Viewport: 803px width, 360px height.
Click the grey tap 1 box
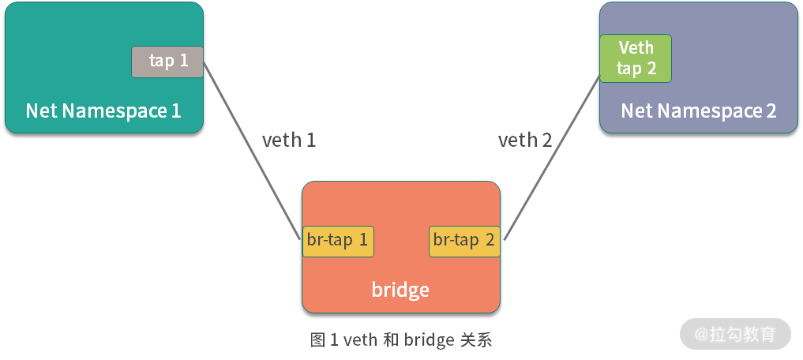coord(167,62)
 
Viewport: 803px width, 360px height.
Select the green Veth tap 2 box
coord(636,58)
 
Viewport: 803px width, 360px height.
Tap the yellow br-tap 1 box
coord(338,241)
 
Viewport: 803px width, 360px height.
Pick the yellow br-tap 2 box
coord(464,241)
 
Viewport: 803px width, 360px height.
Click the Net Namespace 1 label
coord(103,111)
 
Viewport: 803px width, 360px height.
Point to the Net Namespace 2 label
coord(699,111)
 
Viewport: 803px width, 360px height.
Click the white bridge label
coord(400,290)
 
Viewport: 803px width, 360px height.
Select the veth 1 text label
coord(289,141)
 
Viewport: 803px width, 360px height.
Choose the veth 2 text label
coord(525,141)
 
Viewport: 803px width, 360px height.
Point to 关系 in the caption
coord(475,340)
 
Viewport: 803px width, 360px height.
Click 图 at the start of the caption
coord(318,340)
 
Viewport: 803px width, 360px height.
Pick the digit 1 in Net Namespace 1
coord(175,111)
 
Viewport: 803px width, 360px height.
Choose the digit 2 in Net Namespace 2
coord(771,111)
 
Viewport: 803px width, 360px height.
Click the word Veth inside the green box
coord(636,47)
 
